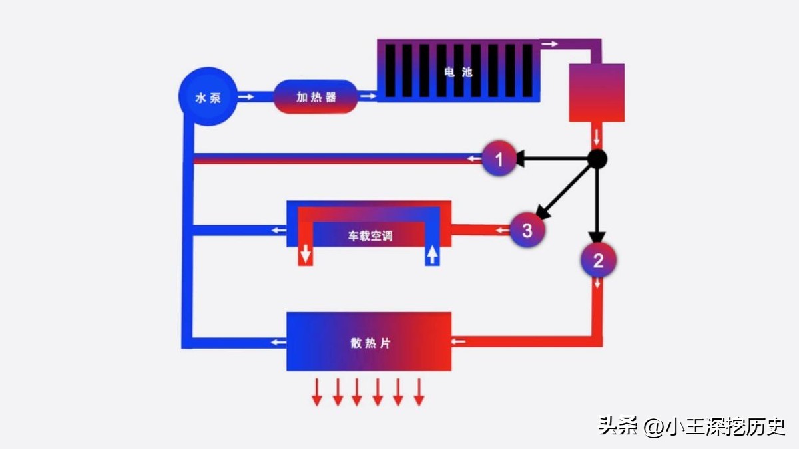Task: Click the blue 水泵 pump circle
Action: (x=207, y=98)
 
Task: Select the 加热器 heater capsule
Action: (x=316, y=97)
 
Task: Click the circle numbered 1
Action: (x=499, y=158)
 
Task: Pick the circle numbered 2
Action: (x=598, y=261)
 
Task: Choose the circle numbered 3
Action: (x=527, y=231)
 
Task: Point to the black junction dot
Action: (x=597, y=159)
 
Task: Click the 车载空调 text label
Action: (x=370, y=236)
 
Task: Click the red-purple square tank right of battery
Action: (x=596, y=92)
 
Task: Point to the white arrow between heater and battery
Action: (x=368, y=97)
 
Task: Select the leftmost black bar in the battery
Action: (x=390, y=70)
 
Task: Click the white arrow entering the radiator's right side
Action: (x=459, y=341)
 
